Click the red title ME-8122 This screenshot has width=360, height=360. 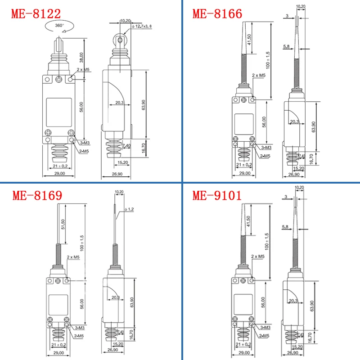point(36,13)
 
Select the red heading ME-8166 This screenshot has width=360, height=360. point(217,13)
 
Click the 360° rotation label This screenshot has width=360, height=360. point(60,26)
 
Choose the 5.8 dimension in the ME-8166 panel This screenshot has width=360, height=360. point(287,46)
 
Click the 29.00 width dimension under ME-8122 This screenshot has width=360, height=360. point(59,173)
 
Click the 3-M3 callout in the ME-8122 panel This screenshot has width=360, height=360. point(86,143)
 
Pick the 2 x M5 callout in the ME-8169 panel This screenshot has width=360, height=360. point(73,257)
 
